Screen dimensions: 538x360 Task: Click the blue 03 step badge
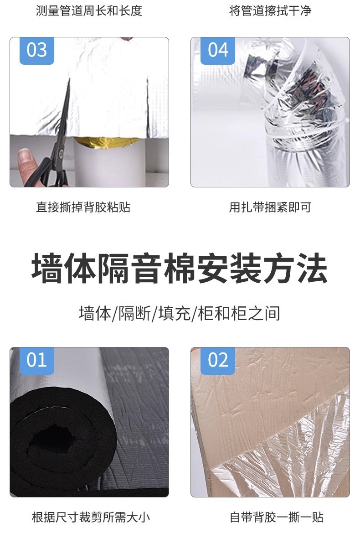click(36, 50)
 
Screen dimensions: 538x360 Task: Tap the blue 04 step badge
click(218, 50)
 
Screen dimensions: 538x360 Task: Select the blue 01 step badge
click(36, 360)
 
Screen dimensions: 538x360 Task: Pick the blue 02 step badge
click(218, 360)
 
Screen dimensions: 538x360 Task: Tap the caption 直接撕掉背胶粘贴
click(83, 207)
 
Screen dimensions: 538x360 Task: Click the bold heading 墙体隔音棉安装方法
click(180, 269)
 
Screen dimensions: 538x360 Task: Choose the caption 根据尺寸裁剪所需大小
click(91, 517)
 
